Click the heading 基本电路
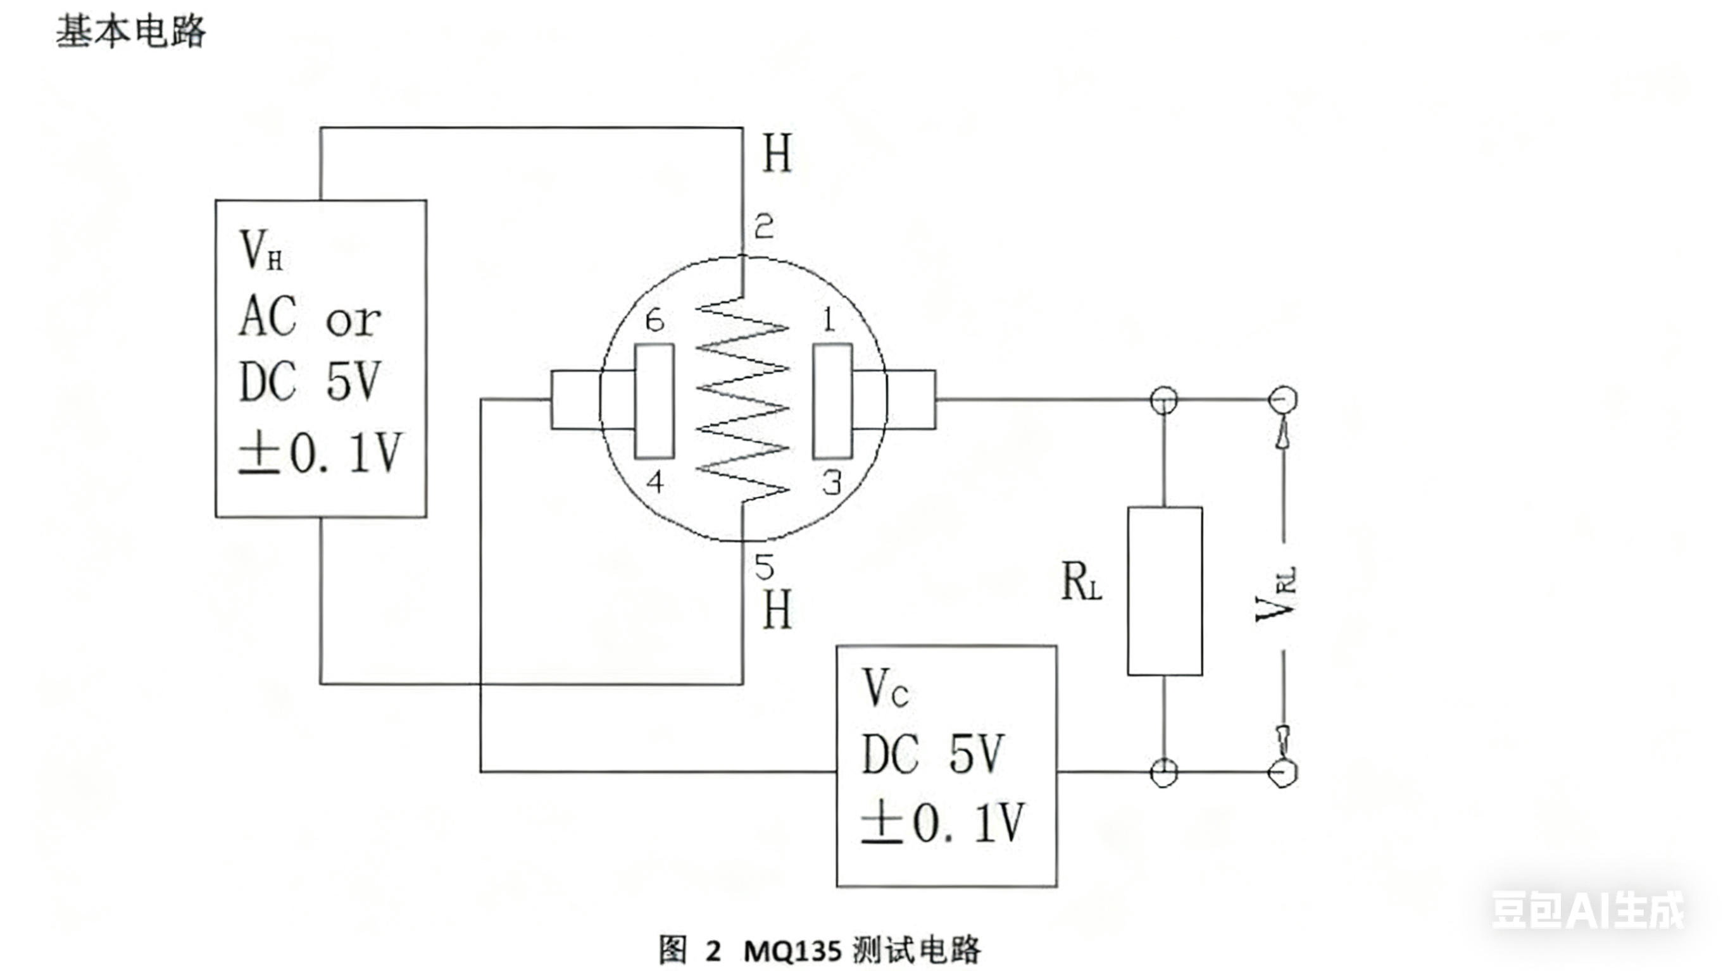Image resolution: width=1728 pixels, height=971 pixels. tap(131, 32)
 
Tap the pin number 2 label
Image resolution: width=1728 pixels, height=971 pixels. tap(764, 226)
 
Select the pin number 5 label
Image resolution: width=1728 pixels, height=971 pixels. tap(764, 567)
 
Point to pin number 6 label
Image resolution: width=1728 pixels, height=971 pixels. tap(654, 321)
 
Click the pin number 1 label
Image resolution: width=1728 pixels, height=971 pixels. tap(829, 320)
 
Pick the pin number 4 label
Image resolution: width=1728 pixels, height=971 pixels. tap(654, 481)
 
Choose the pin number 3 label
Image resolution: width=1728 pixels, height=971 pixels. tap(832, 483)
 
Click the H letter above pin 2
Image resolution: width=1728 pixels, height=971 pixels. tap(777, 154)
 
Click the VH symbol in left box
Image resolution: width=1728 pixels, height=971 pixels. tap(260, 250)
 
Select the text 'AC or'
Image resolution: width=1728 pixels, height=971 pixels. tap(310, 317)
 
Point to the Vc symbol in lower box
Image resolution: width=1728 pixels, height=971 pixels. tap(885, 689)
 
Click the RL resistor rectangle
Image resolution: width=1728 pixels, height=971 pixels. tap(1165, 591)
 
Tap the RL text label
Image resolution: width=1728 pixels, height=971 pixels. tap(1080, 581)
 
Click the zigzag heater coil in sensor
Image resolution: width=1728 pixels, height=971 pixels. tap(743, 399)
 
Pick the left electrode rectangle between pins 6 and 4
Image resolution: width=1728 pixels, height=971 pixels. tap(654, 401)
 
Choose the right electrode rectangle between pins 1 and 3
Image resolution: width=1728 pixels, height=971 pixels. tap(832, 401)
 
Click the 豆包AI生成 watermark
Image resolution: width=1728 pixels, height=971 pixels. tap(1587, 910)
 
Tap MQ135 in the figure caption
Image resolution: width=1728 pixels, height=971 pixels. tap(792, 951)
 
